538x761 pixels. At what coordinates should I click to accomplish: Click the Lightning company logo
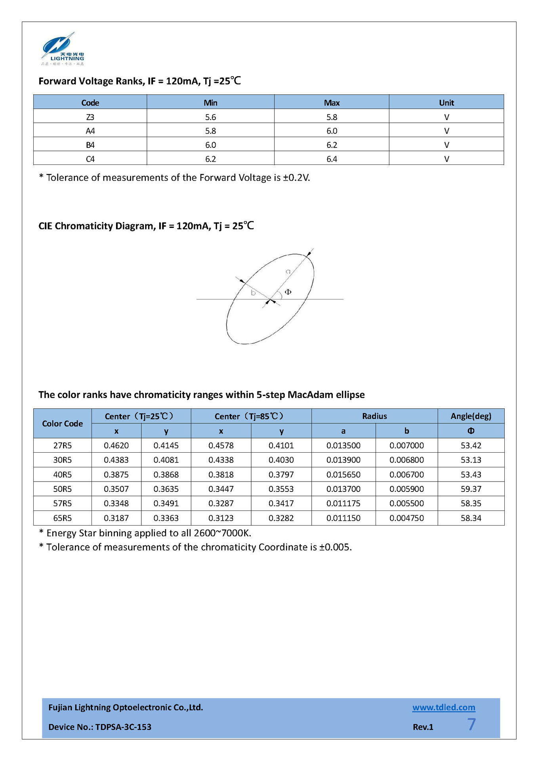63,49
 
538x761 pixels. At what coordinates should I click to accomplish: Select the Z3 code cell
90,117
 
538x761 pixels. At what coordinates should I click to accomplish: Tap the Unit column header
446,103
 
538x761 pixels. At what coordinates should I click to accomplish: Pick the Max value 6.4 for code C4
332,159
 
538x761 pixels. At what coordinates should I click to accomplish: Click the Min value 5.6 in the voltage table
210,117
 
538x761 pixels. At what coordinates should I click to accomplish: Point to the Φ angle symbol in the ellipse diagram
288,292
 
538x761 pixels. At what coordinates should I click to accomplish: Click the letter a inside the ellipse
288,272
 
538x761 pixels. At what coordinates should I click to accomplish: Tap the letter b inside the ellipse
253,293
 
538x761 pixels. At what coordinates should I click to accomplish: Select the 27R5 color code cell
63,446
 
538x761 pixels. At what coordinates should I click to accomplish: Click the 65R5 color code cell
63,518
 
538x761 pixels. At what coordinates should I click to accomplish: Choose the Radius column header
374,416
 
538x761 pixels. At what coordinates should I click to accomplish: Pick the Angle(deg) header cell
471,416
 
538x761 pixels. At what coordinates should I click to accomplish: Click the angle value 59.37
471,489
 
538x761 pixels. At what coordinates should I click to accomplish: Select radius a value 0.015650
343,474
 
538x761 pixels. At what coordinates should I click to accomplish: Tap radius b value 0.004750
406,518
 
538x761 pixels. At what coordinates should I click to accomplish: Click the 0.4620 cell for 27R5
116,446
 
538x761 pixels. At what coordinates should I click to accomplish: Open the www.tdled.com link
444,707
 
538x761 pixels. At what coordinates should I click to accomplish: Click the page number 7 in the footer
471,725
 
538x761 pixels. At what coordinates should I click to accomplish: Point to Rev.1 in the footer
423,727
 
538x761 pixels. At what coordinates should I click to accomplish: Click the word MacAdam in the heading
310,395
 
